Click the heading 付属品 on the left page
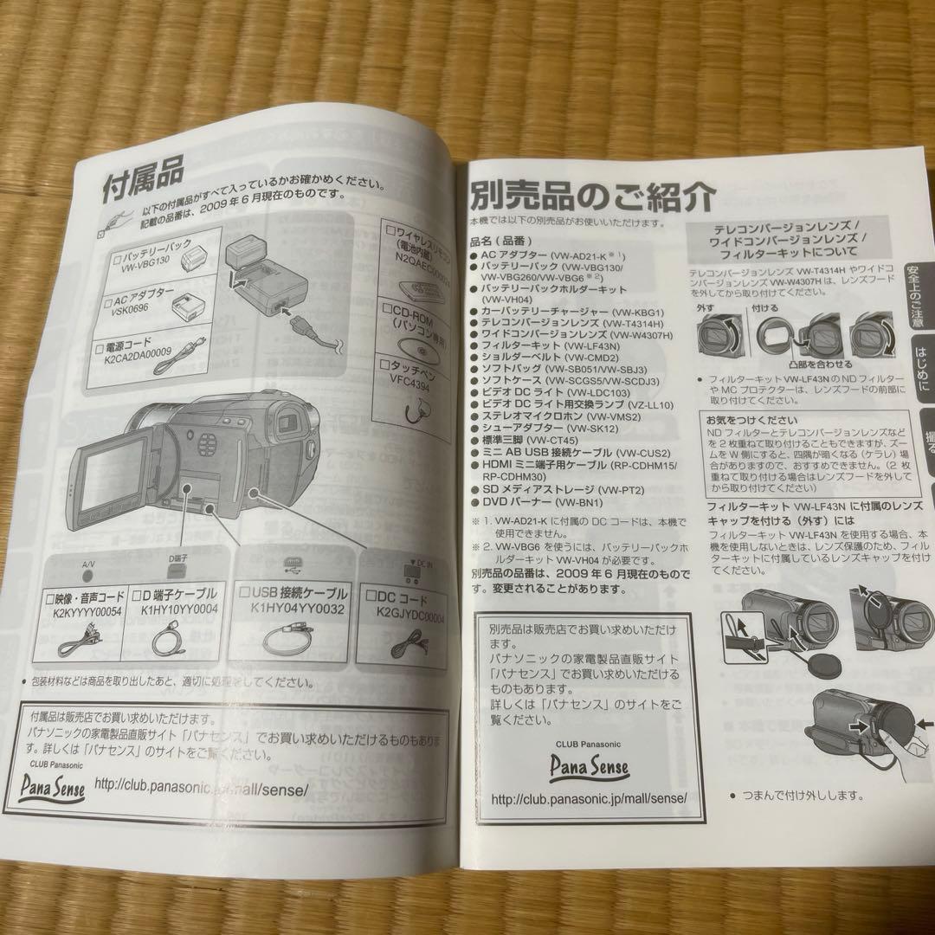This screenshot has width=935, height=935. [x=144, y=183]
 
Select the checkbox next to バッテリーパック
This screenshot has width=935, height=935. [x=119, y=258]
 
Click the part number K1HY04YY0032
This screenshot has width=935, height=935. [x=297, y=609]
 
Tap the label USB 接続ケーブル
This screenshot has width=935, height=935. [x=301, y=595]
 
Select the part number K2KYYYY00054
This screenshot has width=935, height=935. [x=83, y=611]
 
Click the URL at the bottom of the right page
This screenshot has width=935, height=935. [x=589, y=798]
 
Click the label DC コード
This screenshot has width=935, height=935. [x=400, y=596]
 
